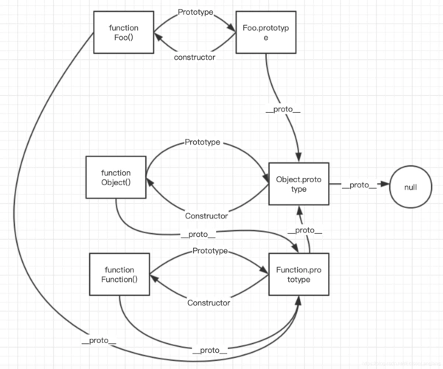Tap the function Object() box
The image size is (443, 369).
click(116, 177)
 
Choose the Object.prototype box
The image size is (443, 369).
click(298, 184)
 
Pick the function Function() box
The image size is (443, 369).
click(119, 275)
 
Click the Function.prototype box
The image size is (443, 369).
click(298, 275)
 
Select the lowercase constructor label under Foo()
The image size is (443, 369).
click(194, 57)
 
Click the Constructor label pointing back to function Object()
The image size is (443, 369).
click(206, 216)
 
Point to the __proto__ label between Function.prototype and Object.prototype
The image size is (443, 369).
click(304, 231)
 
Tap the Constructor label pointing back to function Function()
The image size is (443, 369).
click(209, 303)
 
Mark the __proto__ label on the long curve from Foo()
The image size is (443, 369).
click(100, 342)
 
